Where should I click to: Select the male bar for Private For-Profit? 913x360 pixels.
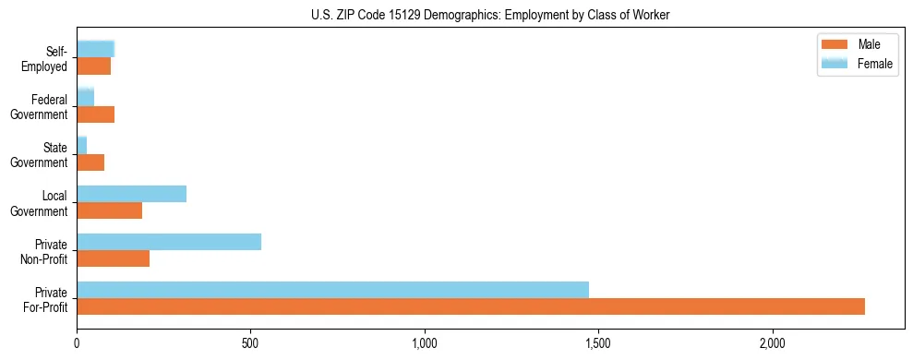coord(471,306)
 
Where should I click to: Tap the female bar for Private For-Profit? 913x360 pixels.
coord(332,289)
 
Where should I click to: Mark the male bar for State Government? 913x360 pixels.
coord(90,162)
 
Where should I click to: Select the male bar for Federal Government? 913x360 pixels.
coord(95,114)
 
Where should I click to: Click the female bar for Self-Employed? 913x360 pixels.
coord(95,49)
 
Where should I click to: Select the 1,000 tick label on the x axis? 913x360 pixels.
coord(424,343)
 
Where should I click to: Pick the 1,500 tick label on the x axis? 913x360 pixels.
coord(598,343)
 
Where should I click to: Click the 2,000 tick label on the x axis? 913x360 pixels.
coord(772,343)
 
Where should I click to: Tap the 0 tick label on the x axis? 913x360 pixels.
coord(77,343)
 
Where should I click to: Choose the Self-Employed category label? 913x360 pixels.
coord(49,58)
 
